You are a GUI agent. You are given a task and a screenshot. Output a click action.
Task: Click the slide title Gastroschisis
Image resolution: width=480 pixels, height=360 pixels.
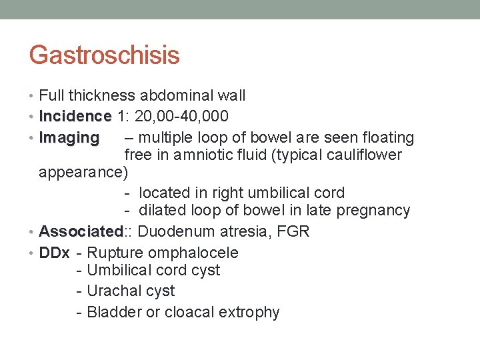tap(104, 55)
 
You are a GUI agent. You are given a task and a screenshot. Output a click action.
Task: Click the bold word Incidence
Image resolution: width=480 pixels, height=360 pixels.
tap(75, 117)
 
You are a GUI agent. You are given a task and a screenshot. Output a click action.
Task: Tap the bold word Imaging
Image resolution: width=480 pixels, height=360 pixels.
tap(69, 138)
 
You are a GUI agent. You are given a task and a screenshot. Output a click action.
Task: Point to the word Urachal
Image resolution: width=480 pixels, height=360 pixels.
tap(113, 291)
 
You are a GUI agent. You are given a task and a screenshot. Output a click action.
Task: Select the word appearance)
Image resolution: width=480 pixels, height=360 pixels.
tap(83, 173)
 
